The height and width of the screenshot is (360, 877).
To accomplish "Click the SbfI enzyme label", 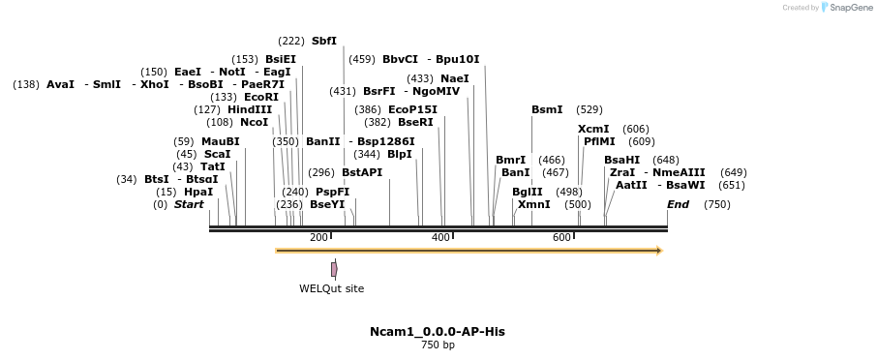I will pos(323,41).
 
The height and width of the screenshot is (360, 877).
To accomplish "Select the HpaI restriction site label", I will pos(197,192).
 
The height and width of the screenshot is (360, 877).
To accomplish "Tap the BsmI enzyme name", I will pos(547,109).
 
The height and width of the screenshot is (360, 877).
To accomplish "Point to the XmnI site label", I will pos(533,204).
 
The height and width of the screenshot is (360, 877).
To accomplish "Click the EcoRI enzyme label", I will pos(260,97).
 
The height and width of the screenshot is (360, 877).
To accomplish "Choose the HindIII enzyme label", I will pos(250,109).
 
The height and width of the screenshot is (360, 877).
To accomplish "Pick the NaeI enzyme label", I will pos(454,78).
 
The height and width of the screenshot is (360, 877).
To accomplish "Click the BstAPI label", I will pos(362,172).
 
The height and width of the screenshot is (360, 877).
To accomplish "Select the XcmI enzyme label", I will pos(593,129).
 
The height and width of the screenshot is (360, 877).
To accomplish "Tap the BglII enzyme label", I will pos(528,192).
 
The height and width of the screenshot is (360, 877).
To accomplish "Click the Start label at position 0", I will pos(189,204).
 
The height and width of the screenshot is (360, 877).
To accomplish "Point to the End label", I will pos(678,204).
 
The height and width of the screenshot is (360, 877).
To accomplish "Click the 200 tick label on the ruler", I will pos(318,238).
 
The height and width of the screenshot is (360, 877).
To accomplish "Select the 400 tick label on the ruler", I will pos(440,238).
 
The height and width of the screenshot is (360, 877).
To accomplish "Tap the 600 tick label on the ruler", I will pos(561,238).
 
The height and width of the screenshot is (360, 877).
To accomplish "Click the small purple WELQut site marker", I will pos(334,269).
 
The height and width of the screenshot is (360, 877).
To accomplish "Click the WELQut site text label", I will pos(331,288).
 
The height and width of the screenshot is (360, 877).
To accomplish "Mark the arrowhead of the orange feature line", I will pos(658,251).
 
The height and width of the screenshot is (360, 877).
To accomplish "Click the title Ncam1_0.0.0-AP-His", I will pos(437,331).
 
